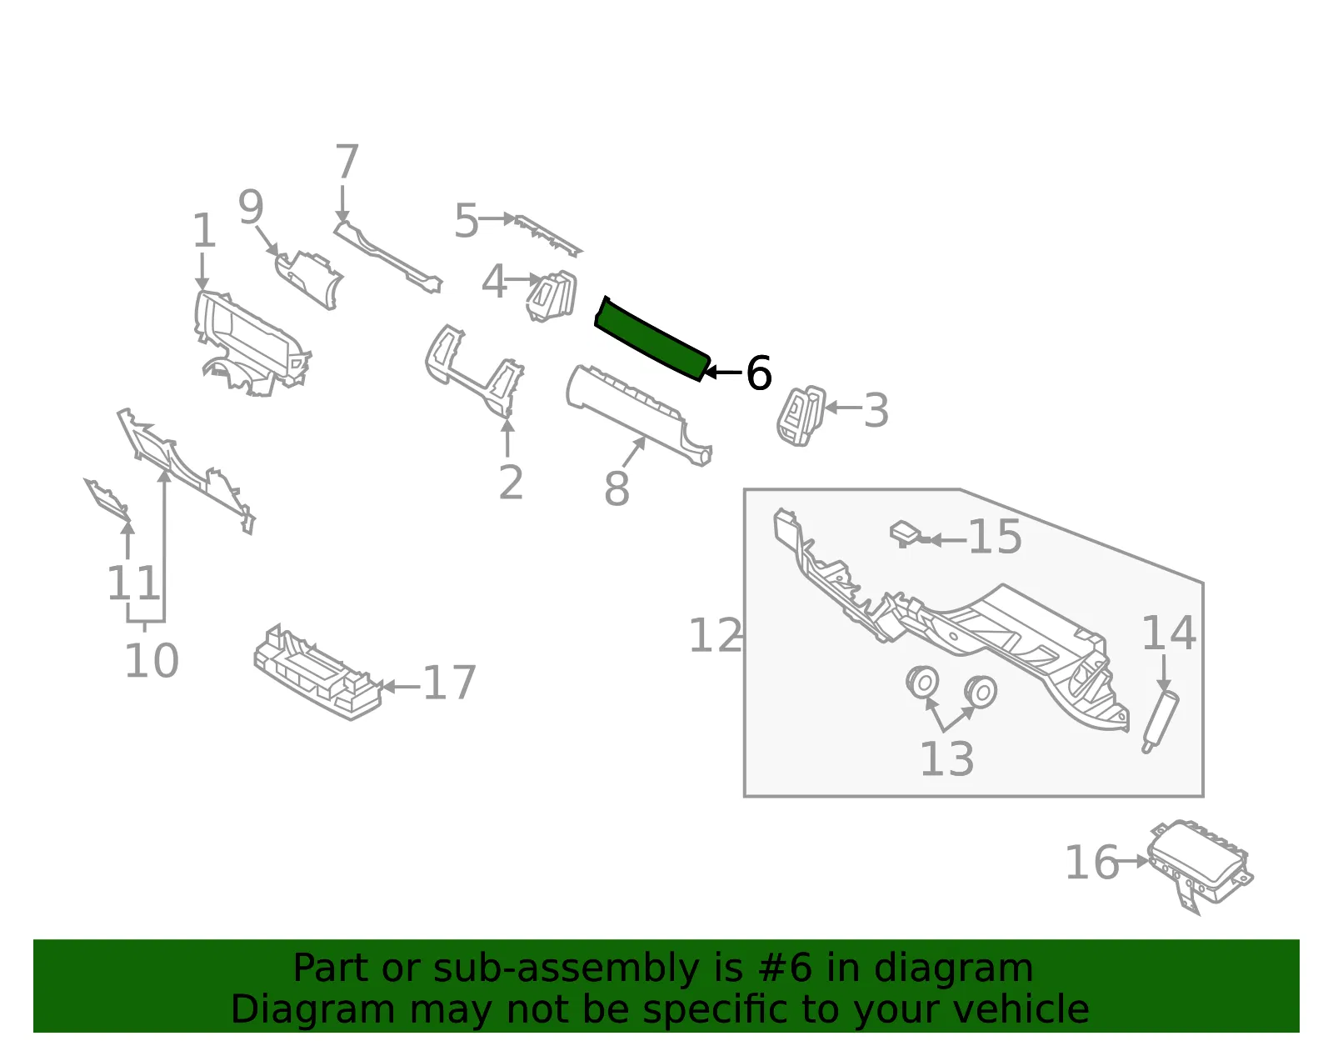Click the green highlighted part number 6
point(652,338)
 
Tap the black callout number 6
point(758,373)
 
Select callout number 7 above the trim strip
point(347,161)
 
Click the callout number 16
point(1092,863)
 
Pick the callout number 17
point(450,682)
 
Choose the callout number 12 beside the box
point(716,635)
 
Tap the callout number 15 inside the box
point(995,537)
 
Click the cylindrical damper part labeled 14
point(1160,722)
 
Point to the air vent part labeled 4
point(552,296)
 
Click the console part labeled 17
point(317,672)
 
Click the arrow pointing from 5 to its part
point(497,218)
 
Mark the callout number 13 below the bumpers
point(946,758)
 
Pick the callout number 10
point(152,661)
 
